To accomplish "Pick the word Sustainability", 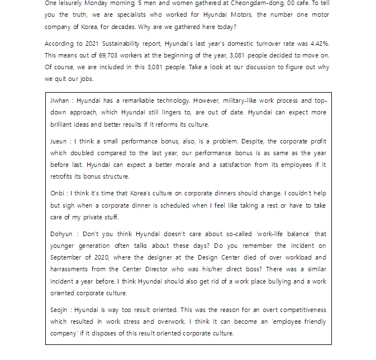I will (126, 43).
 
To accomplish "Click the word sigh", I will (66, 205).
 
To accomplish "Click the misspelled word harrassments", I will (70, 269).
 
